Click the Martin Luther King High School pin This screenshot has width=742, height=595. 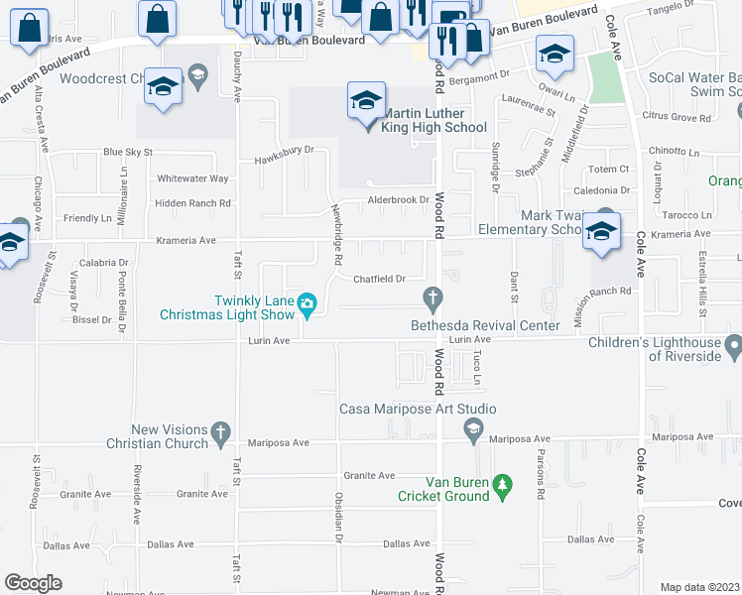click(x=366, y=100)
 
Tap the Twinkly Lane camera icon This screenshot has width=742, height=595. click(x=308, y=303)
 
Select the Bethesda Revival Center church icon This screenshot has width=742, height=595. click(x=432, y=297)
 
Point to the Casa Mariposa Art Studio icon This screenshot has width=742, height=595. click(x=473, y=428)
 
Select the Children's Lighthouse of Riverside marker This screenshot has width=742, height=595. click(x=733, y=347)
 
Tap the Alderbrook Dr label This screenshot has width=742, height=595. click(x=398, y=199)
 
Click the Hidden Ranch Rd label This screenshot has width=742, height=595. click(x=192, y=203)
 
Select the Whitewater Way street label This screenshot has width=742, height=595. click(x=192, y=178)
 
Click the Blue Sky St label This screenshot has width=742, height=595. click(x=128, y=152)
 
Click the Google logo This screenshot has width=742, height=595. click(x=33, y=583)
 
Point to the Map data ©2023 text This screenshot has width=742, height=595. click(x=699, y=587)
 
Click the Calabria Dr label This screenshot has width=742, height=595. click(x=104, y=263)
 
